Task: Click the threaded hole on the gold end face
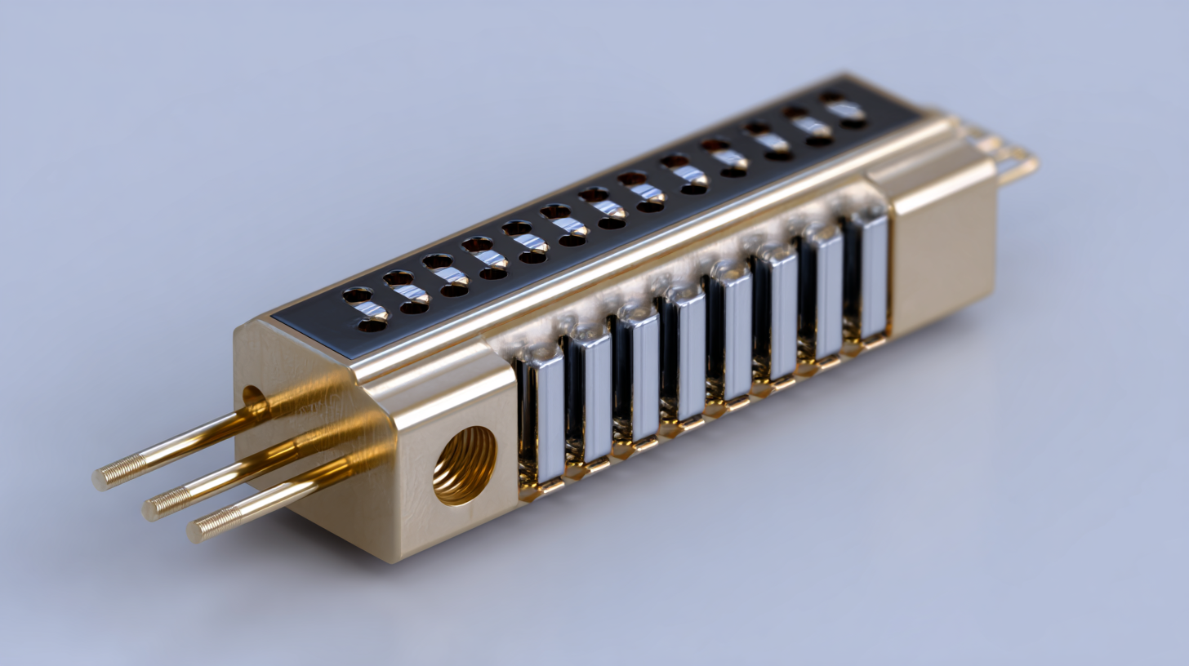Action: point(464,465)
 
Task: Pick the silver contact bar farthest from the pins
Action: point(872,276)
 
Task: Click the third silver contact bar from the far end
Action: point(780,315)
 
